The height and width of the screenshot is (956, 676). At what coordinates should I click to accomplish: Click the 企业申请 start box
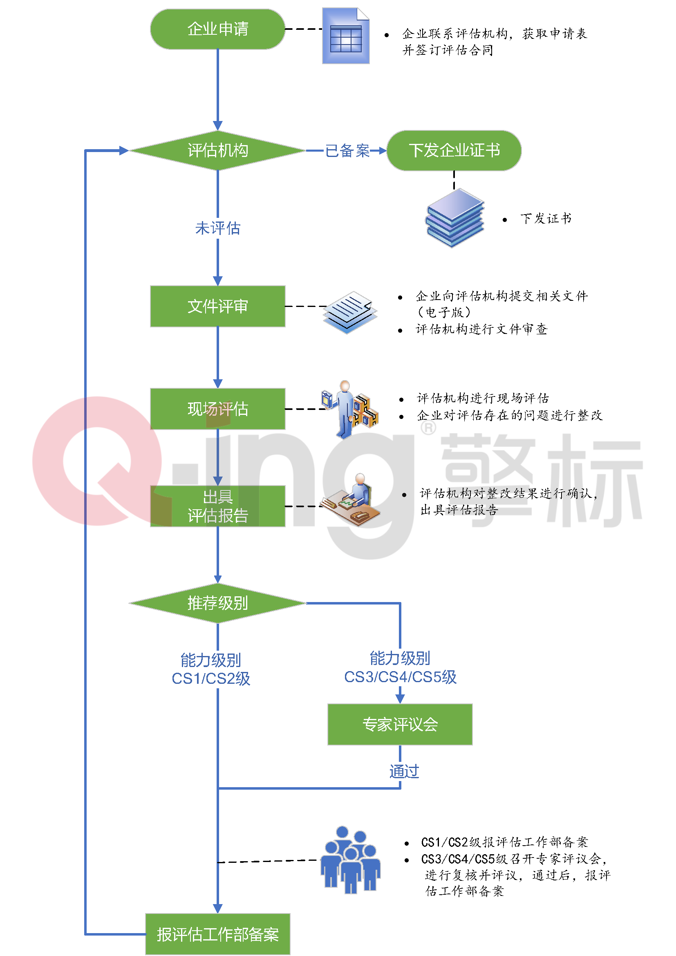click(217, 29)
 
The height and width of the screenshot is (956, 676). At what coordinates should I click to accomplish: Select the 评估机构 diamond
click(217, 151)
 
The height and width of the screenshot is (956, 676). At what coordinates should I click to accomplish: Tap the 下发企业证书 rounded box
click(454, 151)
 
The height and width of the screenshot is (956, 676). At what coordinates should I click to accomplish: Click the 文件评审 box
click(217, 307)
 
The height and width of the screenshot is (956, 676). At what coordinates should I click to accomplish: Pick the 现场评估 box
click(217, 409)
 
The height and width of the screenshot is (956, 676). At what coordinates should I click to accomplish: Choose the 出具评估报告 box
click(217, 506)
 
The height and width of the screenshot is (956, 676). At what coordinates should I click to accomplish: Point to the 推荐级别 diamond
click(217, 603)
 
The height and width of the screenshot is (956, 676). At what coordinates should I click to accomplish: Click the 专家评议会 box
click(400, 725)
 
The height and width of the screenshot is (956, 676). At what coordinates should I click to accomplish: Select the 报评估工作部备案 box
click(217, 934)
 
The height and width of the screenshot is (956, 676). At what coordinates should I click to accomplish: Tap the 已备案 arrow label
click(347, 151)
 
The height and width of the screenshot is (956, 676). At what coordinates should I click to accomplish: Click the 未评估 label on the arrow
click(217, 228)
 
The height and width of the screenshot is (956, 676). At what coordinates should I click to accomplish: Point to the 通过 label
click(404, 771)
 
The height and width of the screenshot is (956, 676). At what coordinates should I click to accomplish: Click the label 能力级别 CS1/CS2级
click(210, 669)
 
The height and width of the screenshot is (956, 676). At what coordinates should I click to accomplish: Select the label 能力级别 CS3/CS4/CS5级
click(400, 667)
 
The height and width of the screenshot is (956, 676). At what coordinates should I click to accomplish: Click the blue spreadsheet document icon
click(345, 36)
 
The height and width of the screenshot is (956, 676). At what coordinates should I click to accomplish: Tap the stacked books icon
click(454, 218)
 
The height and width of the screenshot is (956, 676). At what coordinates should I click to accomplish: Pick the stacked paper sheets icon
click(350, 312)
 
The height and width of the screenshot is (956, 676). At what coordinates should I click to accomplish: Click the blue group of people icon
click(351, 860)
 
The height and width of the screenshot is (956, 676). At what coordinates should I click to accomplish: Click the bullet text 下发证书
click(545, 219)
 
